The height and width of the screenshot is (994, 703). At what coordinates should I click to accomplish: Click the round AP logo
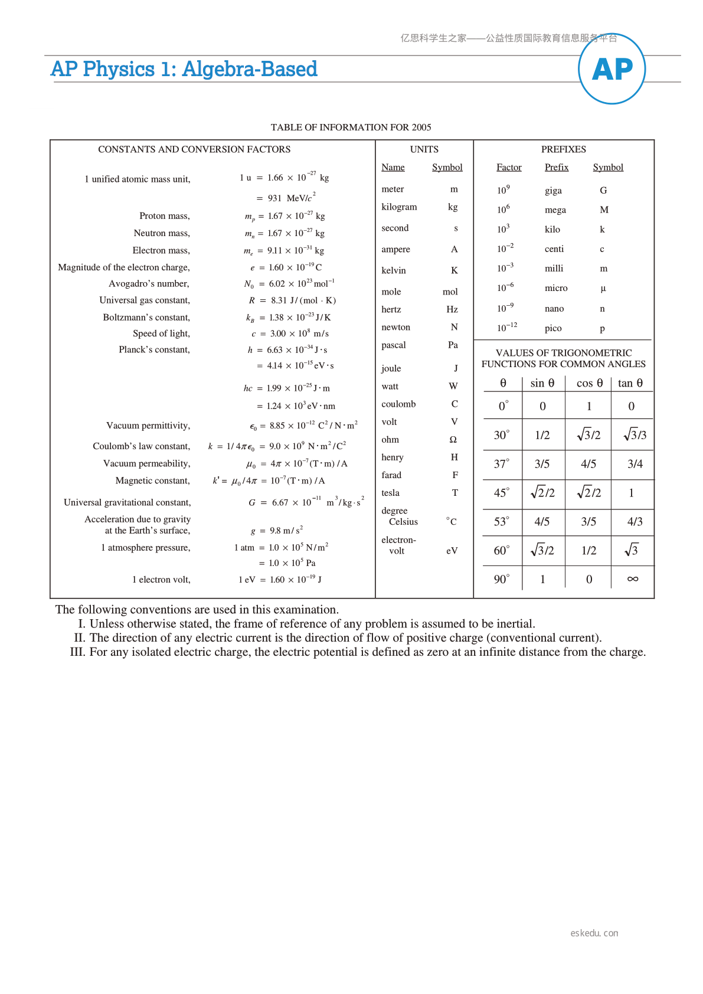(612, 69)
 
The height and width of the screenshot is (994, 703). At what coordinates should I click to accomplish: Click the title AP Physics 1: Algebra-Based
(184, 69)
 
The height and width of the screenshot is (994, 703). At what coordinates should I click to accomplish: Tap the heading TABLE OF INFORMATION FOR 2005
(351, 127)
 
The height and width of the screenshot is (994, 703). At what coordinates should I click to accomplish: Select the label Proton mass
(165, 216)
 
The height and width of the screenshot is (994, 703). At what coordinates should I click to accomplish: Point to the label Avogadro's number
(149, 284)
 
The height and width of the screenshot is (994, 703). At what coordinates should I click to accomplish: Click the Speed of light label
(161, 333)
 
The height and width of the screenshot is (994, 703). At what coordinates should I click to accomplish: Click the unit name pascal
(394, 345)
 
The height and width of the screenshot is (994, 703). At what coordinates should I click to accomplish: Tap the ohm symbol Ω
(453, 440)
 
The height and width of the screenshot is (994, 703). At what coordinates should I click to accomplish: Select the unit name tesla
(390, 493)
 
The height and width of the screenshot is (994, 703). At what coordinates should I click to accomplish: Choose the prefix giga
(553, 191)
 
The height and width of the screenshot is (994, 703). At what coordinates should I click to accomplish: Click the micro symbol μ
(603, 289)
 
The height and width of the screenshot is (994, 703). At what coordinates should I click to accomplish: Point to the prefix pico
(553, 328)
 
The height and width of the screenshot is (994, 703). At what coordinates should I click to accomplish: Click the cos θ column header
(589, 383)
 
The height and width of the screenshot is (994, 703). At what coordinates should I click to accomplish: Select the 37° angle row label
(501, 464)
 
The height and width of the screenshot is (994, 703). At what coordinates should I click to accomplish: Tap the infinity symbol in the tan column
(632, 579)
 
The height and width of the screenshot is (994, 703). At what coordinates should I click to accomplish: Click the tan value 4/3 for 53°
(635, 522)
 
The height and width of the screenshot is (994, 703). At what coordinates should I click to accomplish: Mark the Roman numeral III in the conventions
(77, 652)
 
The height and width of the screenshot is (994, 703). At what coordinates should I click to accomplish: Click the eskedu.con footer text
(594, 933)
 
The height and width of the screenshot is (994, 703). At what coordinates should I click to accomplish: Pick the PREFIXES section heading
(563, 149)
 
